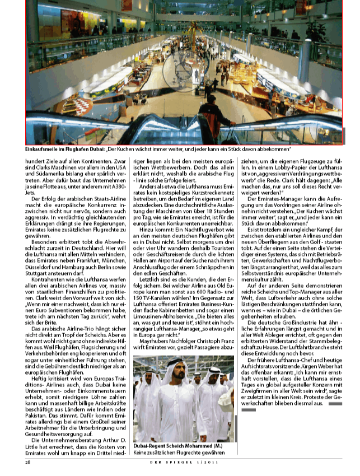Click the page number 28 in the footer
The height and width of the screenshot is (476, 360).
point(28,462)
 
